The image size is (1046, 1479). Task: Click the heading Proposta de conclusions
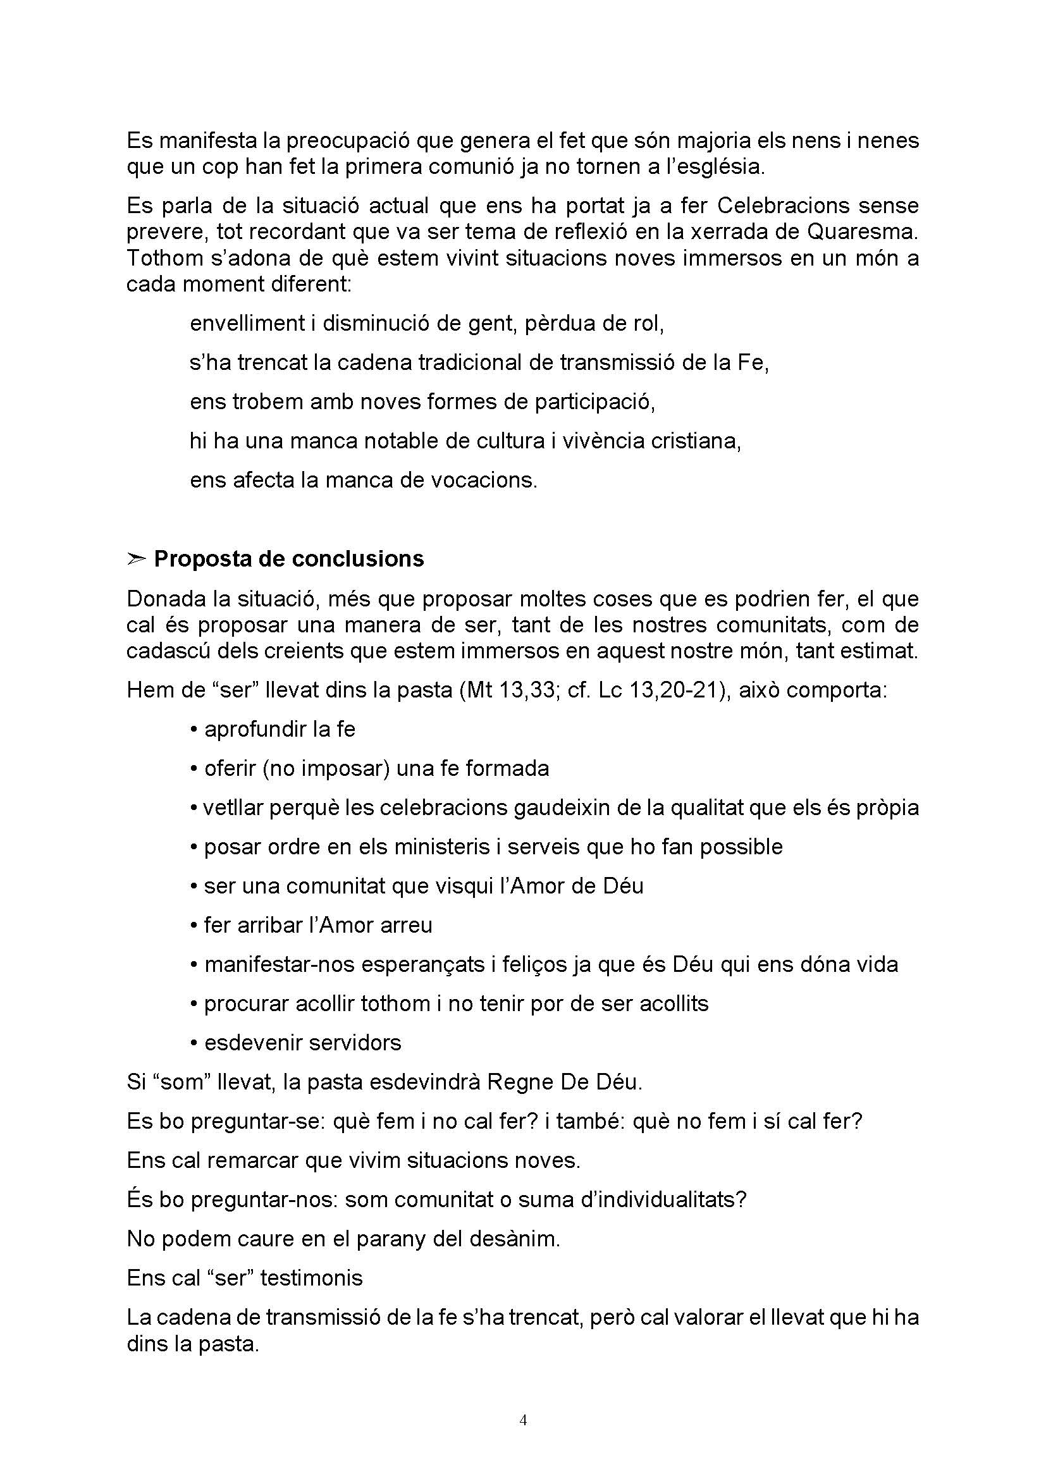288,559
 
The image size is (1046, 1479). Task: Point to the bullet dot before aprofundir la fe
194,730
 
